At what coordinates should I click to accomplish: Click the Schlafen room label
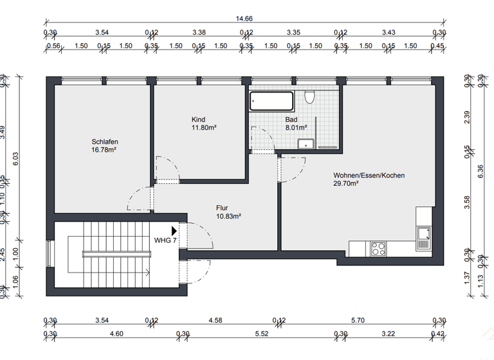(x=104, y=141)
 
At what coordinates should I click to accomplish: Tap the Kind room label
(x=198, y=120)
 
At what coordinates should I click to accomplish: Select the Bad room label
(x=291, y=120)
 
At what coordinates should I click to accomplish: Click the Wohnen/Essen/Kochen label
(x=369, y=175)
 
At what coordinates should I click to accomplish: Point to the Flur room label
(x=222, y=208)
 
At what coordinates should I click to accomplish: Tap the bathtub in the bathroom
(x=271, y=100)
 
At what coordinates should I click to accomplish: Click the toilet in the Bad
(x=310, y=98)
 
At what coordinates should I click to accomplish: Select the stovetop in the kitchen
(x=377, y=248)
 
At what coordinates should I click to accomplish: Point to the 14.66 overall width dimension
(x=244, y=19)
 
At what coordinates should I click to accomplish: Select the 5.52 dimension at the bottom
(x=262, y=334)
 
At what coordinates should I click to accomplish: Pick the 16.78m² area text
(x=104, y=150)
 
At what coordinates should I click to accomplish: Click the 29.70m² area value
(x=346, y=183)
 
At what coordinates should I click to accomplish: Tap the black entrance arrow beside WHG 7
(x=174, y=230)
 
